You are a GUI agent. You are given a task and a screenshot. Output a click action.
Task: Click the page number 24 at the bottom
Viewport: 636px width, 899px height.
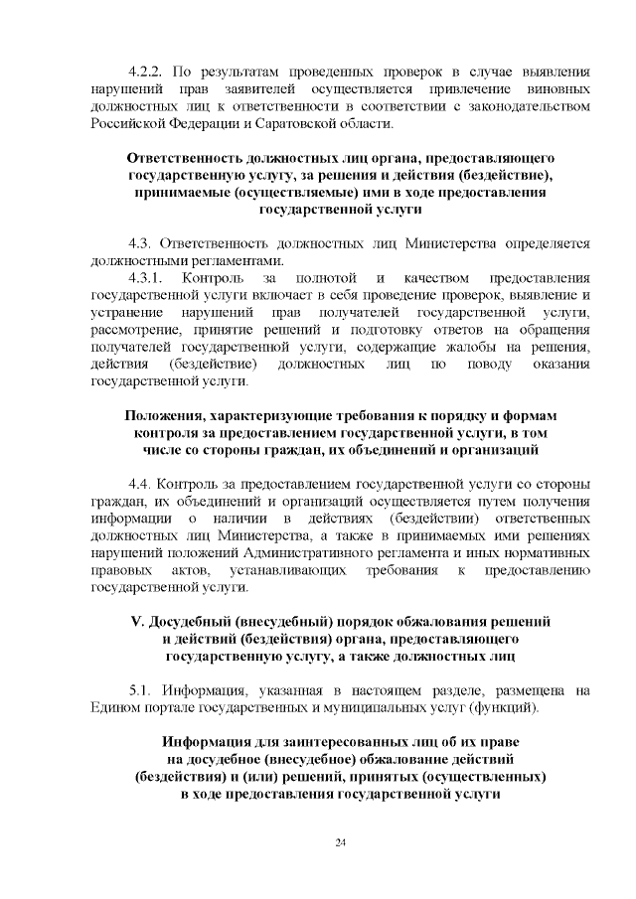click(339, 843)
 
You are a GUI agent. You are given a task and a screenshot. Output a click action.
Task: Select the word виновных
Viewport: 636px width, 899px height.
click(556, 89)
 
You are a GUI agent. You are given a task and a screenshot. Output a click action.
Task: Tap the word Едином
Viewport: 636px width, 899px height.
click(117, 708)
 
